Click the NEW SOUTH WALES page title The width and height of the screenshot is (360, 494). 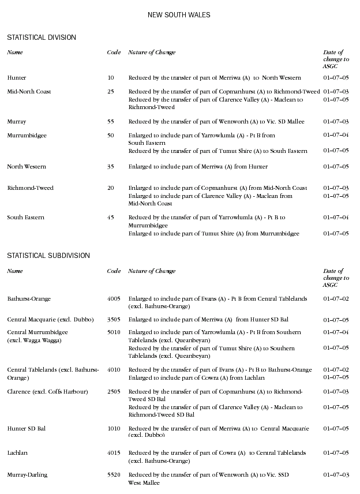[179, 14]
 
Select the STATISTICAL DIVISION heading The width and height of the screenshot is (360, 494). [42, 38]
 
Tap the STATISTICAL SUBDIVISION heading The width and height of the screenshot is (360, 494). [48, 255]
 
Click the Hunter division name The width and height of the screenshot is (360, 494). [17, 77]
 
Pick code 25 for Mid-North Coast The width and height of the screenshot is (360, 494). [111, 92]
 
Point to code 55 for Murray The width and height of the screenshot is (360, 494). [111, 122]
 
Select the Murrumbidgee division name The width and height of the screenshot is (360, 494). [27, 136]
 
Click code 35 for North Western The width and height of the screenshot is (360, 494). [111, 167]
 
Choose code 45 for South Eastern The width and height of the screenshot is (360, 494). [111, 218]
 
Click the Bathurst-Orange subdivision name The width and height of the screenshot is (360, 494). [29, 299]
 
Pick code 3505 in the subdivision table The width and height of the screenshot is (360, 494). [114, 319]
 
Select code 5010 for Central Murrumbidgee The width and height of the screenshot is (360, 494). [114, 332]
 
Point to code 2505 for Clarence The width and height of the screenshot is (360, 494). [114, 392]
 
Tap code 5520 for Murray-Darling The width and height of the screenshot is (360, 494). [114, 475]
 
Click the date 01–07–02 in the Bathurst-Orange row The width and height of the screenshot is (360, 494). [336, 299]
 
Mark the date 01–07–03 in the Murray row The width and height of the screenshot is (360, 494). [336, 122]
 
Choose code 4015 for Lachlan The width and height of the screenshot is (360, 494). [114, 453]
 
